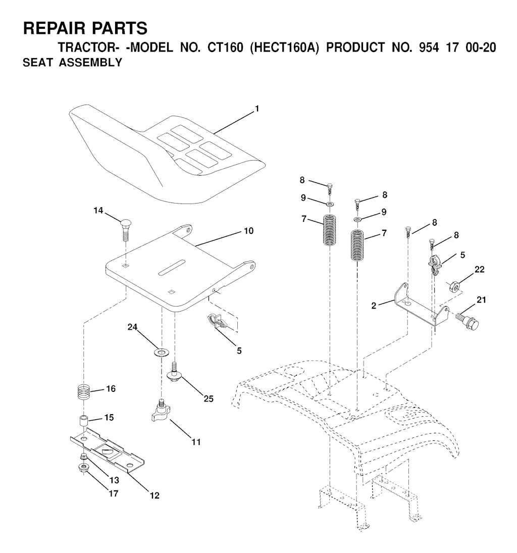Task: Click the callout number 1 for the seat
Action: tap(257, 109)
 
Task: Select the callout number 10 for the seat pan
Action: tap(248, 231)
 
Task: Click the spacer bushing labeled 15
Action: tap(84, 421)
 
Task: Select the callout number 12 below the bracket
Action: tap(154, 495)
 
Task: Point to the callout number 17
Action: tap(114, 493)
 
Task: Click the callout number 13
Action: tap(114, 480)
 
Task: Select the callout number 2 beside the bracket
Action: tap(374, 306)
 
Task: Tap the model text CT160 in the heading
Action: tap(225, 47)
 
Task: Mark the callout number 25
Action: tap(209, 398)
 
